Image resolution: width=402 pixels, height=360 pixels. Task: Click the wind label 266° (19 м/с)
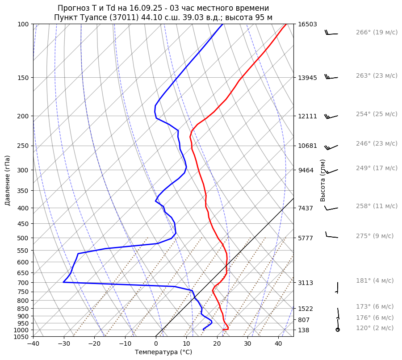click(x=377, y=32)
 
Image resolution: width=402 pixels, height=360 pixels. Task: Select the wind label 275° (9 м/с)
click(x=375, y=236)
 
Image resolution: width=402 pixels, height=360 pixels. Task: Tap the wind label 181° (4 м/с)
click(x=375, y=280)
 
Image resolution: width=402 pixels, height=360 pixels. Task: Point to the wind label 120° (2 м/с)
click(x=375, y=328)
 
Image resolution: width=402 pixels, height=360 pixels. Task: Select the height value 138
click(x=304, y=330)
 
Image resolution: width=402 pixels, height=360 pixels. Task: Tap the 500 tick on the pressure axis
click(x=24, y=238)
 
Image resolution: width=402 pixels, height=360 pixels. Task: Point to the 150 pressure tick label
click(x=24, y=78)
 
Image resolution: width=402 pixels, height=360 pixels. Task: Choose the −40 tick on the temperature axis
click(x=33, y=344)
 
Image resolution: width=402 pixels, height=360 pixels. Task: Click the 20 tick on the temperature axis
click(x=217, y=344)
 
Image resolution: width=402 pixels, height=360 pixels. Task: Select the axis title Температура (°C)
click(x=163, y=352)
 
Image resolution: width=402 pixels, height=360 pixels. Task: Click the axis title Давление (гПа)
click(x=8, y=180)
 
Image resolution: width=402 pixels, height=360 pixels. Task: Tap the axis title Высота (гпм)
click(x=323, y=180)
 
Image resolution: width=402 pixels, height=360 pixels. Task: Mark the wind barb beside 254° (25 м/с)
click(x=331, y=117)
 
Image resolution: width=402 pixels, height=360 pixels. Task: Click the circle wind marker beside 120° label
click(x=338, y=330)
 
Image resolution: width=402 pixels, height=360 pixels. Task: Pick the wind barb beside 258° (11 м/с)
click(x=331, y=208)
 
